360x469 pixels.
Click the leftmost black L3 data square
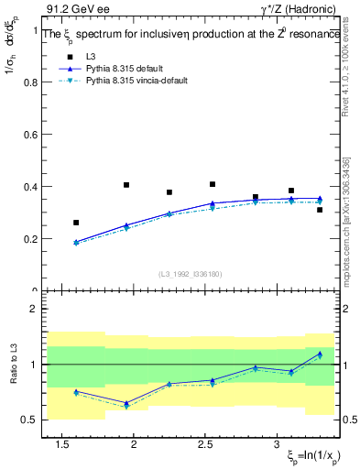click(x=76, y=223)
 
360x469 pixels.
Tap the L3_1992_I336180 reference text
click(x=190, y=274)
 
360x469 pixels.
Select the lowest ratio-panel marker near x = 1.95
click(x=126, y=406)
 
